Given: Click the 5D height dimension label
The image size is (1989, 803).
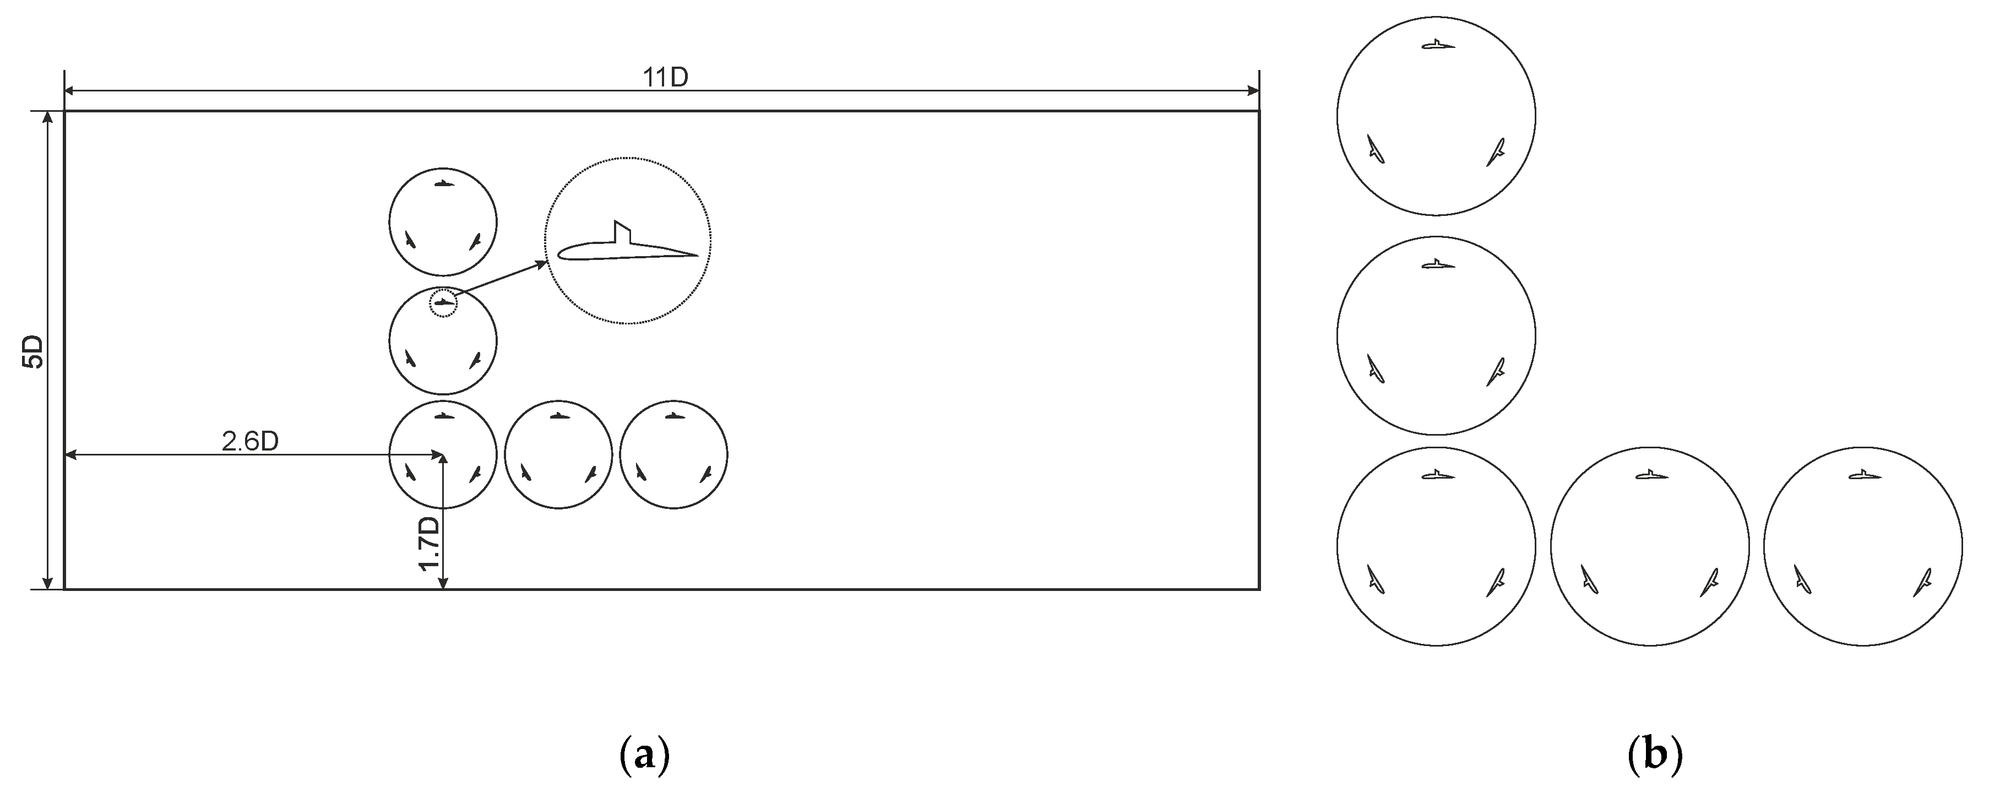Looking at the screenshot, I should (x=34, y=351).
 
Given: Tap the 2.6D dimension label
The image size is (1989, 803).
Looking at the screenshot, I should (x=249, y=442).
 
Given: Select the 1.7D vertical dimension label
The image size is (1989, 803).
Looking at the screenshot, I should (x=428, y=544).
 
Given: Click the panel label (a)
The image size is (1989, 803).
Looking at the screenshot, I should (x=644, y=757).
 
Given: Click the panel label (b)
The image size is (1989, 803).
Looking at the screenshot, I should (x=1654, y=757).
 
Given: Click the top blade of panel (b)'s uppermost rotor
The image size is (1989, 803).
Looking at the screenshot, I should (x=1438, y=45).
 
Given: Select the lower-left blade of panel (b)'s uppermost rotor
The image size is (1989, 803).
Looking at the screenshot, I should (x=1375, y=149).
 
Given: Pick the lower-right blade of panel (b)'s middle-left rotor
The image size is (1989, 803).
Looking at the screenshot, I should (x=1496, y=371).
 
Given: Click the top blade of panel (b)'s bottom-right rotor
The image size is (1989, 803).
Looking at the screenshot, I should (x=1864, y=475).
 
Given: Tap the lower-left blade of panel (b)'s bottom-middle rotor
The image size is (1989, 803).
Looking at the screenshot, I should (x=1588, y=579).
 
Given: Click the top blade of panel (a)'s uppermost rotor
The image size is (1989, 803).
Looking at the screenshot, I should (x=444, y=183).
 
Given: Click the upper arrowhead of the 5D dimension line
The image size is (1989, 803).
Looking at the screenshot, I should (x=48, y=118).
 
